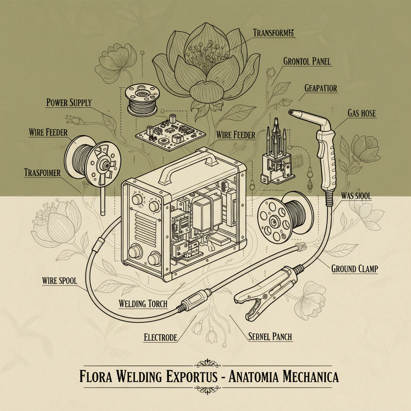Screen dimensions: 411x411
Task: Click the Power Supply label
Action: pyautogui.click(x=69, y=102)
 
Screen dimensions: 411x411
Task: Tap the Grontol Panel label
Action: pyautogui.click(x=307, y=61)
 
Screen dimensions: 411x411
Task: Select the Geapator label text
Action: pyautogui.click(x=321, y=88)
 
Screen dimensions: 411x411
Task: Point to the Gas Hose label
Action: pyautogui.click(x=361, y=113)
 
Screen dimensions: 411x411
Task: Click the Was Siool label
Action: pyautogui.click(x=356, y=196)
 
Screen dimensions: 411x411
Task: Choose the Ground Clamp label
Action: pyautogui.click(x=354, y=269)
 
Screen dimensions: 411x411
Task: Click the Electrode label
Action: pyautogui.click(x=160, y=338)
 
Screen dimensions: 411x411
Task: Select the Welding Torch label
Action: pyautogui.click(x=143, y=303)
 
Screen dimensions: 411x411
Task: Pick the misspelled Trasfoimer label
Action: pyautogui.click(x=42, y=173)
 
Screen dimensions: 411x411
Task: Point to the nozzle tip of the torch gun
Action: pyautogui.click(x=294, y=112)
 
